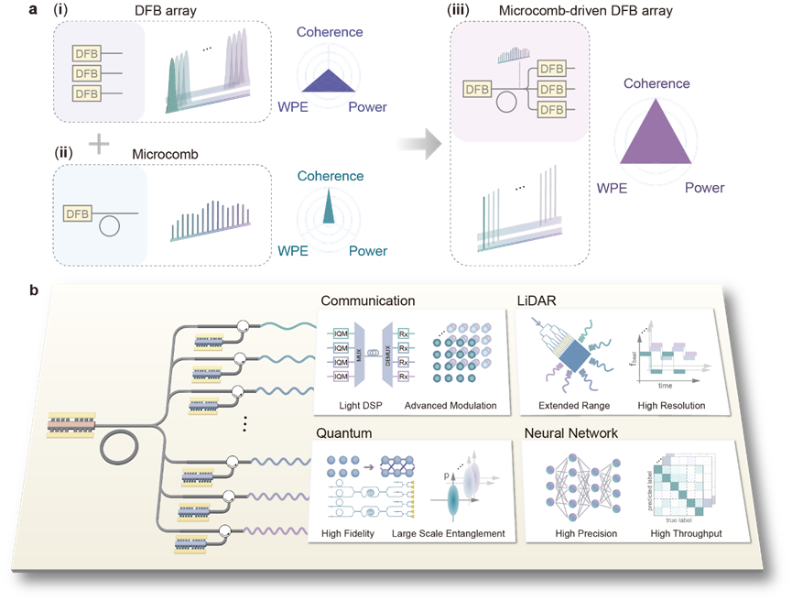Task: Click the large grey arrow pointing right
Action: click(415, 145)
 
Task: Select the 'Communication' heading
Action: click(366, 300)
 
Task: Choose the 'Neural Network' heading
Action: click(570, 432)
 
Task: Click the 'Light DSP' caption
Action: click(348, 406)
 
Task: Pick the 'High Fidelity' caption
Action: click(348, 533)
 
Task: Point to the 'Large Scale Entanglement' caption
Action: click(448, 533)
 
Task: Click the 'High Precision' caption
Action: click(586, 533)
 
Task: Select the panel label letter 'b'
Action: click(33, 290)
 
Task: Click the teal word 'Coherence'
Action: click(330, 176)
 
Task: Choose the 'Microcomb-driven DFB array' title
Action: click(561, 11)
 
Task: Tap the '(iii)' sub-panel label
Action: click(458, 11)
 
